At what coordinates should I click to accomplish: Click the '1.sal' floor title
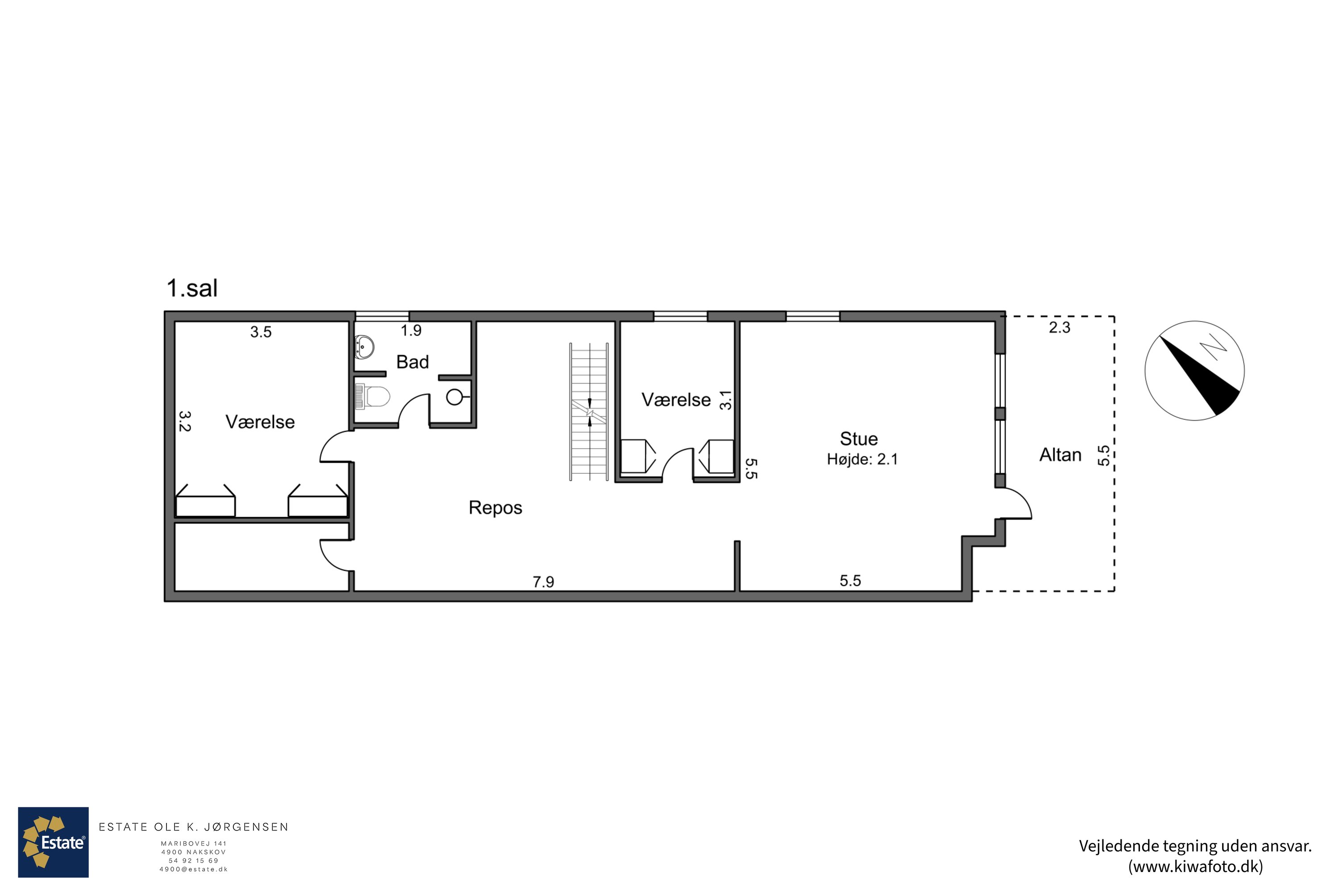click(192, 289)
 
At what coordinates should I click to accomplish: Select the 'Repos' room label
click(495, 508)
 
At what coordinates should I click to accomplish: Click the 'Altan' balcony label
click(1060, 454)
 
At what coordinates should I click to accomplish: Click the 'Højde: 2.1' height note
click(862, 459)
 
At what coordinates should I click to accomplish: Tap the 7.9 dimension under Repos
click(543, 582)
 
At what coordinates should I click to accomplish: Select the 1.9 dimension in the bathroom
click(411, 330)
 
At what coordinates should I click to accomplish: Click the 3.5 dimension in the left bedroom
click(261, 332)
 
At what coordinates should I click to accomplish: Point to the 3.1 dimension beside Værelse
click(725, 400)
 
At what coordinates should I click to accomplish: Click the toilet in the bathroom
click(372, 396)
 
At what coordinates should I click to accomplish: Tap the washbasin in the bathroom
click(364, 347)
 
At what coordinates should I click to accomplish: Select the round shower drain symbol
click(454, 397)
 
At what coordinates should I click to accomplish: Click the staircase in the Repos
click(589, 412)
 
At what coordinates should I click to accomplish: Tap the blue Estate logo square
click(54, 842)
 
